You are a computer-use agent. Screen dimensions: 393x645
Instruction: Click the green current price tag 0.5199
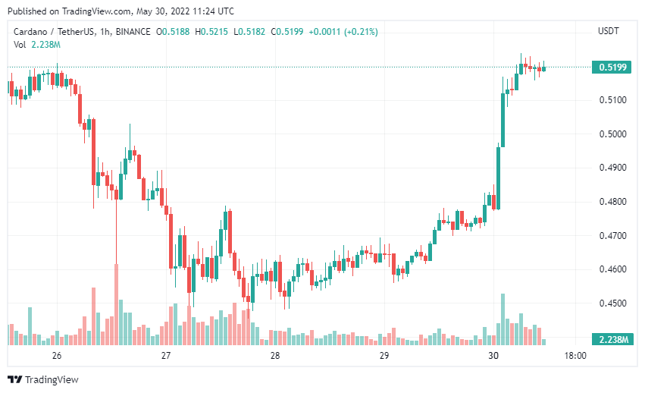click(x=612, y=68)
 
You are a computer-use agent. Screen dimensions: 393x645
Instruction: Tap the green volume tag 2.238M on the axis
click(x=612, y=339)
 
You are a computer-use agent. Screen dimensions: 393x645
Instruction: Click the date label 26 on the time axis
click(x=56, y=356)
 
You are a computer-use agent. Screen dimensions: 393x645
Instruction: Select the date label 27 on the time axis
click(x=166, y=356)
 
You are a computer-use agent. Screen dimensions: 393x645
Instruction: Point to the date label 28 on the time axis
click(x=275, y=356)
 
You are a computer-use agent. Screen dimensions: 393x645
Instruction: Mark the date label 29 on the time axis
click(x=384, y=356)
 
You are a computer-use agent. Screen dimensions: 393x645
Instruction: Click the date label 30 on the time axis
click(x=493, y=356)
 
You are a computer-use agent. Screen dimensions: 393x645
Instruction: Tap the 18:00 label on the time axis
click(x=575, y=356)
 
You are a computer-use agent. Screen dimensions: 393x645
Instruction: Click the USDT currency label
click(x=609, y=31)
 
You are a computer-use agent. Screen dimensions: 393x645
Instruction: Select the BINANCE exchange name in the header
click(x=132, y=31)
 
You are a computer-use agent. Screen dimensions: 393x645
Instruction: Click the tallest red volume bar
click(x=117, y=304)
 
